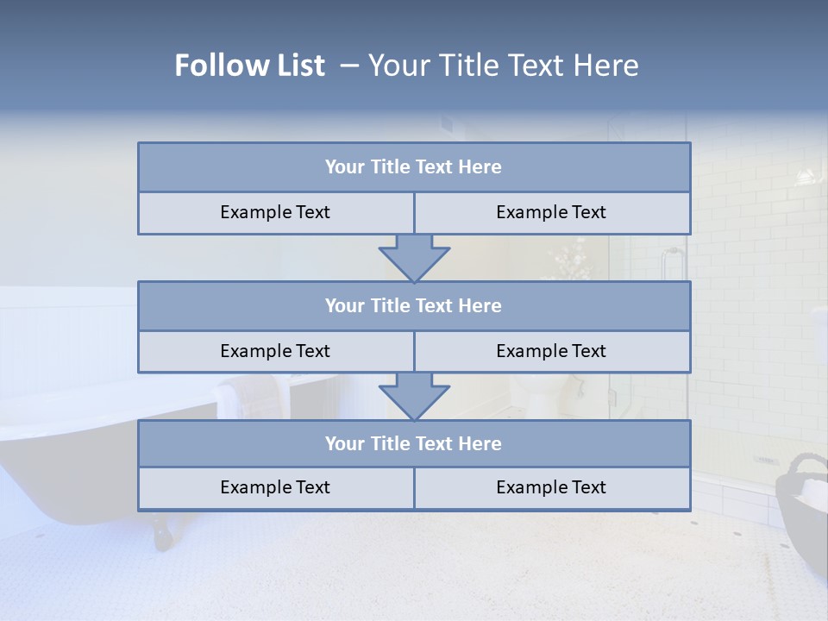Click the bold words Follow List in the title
click(249, 66)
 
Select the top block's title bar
click(414, 167)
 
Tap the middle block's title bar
click(414, 305)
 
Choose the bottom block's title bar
click(414, 443)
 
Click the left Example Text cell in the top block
click(275, 212)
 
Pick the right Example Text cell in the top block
click(552, 212)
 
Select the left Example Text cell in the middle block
click(275, 351)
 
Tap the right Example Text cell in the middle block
click(552, 351)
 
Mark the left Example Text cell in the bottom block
click(275, 487)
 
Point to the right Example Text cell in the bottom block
click(552, 487)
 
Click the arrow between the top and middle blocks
click(414, 258)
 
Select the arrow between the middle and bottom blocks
click(414, 396)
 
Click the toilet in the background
click(535, 392)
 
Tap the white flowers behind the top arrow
click(565, 259)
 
